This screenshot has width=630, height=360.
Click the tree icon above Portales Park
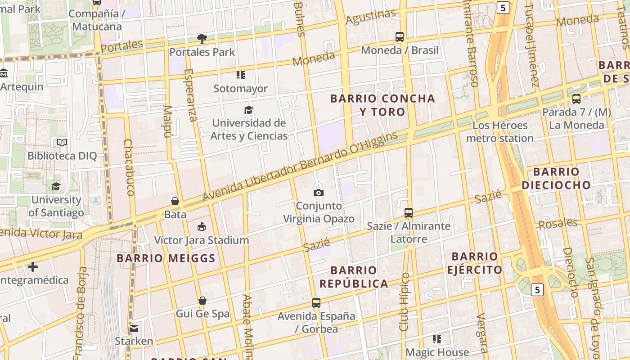point(202,39)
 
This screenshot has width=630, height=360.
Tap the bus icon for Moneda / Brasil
point(400,37)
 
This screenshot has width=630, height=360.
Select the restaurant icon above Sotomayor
point(241,75)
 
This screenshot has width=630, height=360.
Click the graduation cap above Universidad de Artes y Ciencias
point(248,110)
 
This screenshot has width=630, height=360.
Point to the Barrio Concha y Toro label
point(382,105)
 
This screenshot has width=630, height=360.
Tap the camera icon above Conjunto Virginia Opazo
point(319,193)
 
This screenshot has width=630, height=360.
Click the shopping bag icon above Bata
point(175,201)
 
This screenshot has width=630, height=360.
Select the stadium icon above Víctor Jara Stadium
point(202,227)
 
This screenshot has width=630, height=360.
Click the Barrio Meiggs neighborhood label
point(166,258)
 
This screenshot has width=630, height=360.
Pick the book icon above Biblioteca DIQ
point(62,143)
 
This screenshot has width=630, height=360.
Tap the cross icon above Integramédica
point(33,267)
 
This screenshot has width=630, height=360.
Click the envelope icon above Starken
point(134,328)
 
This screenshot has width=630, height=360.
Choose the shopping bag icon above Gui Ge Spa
point(202,301)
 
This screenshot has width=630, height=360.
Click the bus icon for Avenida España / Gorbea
point(316,303)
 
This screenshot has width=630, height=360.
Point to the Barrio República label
point(354,277)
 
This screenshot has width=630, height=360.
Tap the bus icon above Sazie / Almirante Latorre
point(409,213)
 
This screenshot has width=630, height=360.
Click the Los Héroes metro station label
point(500,132)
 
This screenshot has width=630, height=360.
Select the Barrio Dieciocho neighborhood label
point(556,178)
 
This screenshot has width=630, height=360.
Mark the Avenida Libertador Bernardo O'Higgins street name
point(301,166)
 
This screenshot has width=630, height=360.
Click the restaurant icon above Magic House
point(437,339)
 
